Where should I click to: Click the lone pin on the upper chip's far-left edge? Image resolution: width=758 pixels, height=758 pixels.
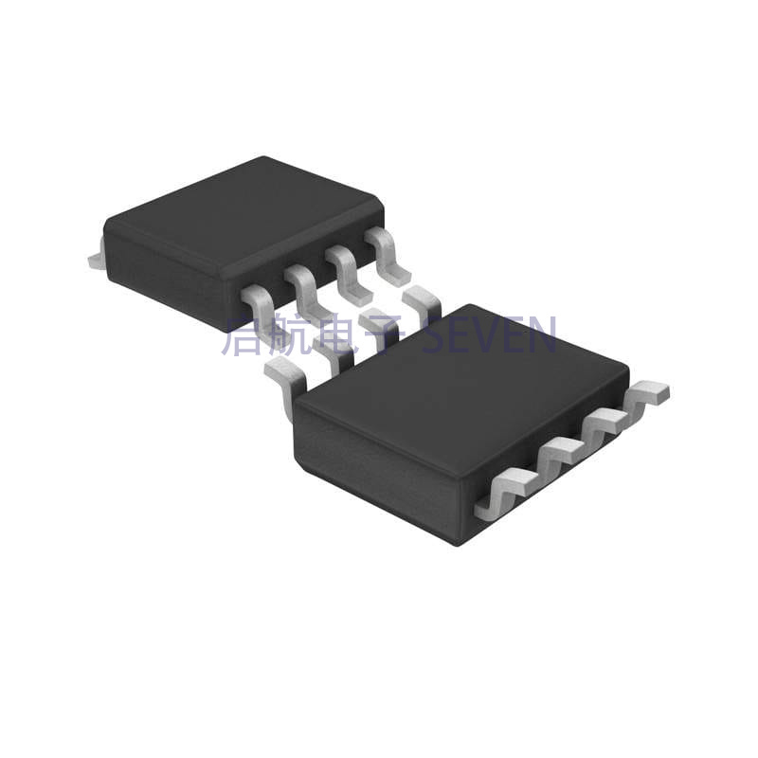pyautogui.click(x=96, y=257)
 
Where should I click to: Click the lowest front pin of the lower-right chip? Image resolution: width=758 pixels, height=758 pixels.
pyautogui.click(x=497, y=493)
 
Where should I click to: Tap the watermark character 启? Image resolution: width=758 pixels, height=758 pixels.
pyautogui.click(x=244, y=335)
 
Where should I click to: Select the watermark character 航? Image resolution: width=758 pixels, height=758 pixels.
pyautogui.click(x=290, y=335)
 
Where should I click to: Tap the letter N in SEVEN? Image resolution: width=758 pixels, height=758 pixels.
pyautogui.click(x=544, y=335)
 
